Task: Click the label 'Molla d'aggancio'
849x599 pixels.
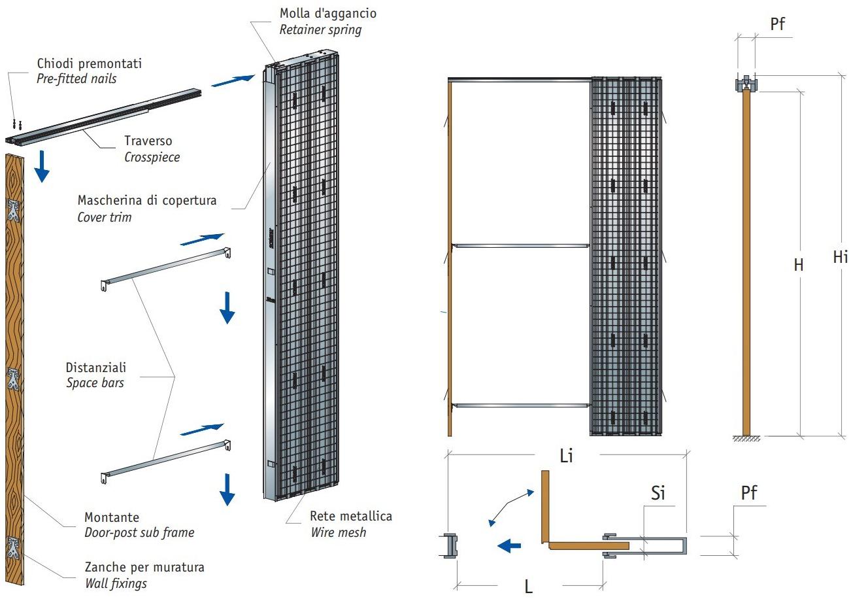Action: [327, 13]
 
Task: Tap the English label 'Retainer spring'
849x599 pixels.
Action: [320, 29]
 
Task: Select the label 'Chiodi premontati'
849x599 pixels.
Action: [90, 63]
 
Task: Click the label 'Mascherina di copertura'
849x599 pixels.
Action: [146, 200]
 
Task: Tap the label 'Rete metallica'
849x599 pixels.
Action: [351, 516]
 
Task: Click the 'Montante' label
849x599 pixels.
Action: [112, 517]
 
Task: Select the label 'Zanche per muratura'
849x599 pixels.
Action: [144, 567]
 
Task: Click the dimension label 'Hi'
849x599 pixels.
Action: [840, 257]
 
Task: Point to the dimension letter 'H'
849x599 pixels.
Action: [798, 265]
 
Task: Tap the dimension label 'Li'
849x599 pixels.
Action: [566, 456]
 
